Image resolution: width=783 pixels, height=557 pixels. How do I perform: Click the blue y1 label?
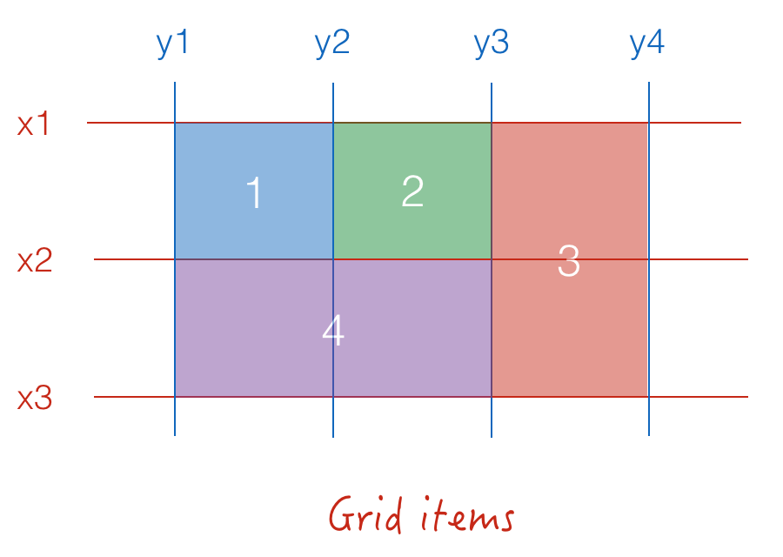172,44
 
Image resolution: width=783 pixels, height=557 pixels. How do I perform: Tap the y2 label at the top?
332,44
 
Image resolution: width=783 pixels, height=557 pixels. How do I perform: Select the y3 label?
492,44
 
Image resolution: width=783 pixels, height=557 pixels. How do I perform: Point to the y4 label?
647,44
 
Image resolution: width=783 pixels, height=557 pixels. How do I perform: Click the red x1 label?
33,124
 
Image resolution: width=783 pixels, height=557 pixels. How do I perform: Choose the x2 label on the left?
35,260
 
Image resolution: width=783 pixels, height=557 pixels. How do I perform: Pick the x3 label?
35,398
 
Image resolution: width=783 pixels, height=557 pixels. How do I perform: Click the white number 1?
254,192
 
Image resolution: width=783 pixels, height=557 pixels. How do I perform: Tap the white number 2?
412,191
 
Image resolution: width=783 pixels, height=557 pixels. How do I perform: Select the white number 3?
569,260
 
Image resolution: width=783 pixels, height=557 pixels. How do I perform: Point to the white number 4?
333,330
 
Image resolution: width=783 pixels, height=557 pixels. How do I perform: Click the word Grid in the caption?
365,514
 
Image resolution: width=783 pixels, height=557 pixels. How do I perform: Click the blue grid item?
254,191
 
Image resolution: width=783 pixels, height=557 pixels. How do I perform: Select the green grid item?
412,191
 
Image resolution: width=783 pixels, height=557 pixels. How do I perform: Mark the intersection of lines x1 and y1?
175,123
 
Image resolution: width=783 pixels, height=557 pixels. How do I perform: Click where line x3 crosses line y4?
649,397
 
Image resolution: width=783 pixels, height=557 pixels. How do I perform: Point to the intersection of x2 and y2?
333,259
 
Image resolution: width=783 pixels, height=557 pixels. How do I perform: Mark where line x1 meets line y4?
649,123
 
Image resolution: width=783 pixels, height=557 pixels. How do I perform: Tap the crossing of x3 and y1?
175,397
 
